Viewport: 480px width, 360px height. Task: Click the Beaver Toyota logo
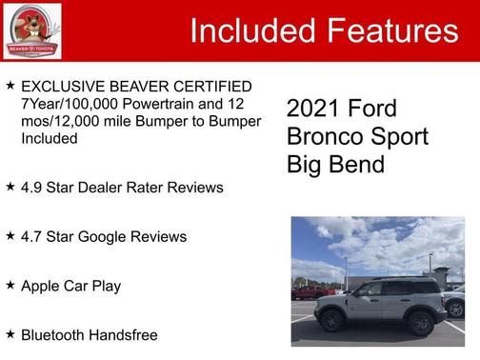tap(30, 30)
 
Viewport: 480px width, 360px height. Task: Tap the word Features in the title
tap(391, 31)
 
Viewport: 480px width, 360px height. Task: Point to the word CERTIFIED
tap(210, 87)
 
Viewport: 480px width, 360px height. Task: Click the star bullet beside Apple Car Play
tap(10, 285)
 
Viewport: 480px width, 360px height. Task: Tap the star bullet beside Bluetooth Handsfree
tap(10, 334)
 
